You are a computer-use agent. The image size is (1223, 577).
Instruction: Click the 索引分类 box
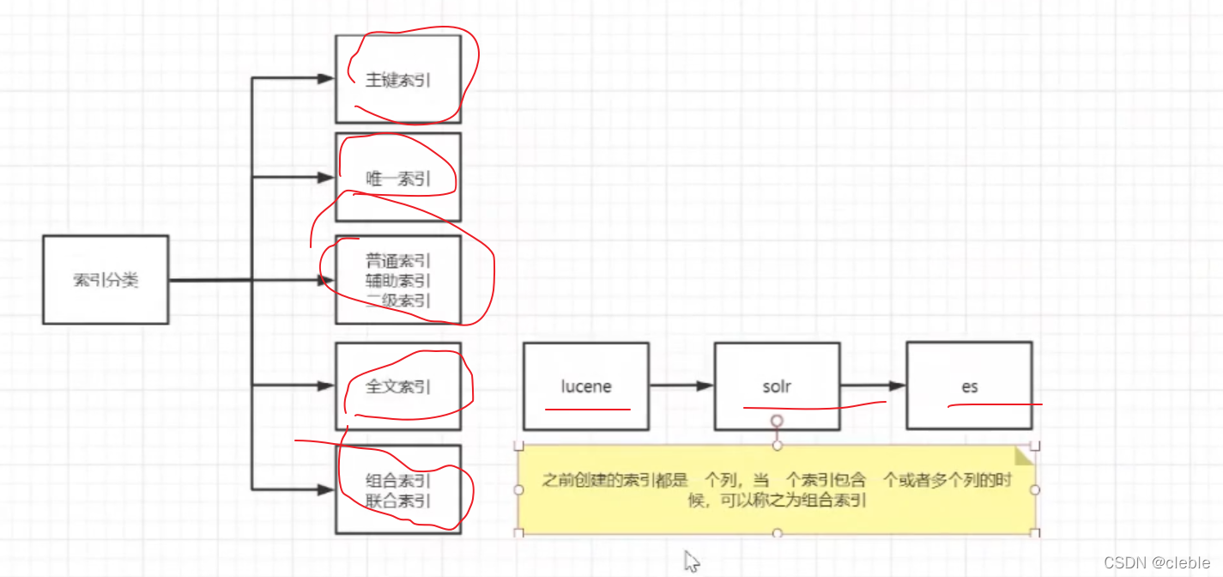click(x=106, y=280)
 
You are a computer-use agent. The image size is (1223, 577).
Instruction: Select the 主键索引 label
click(x=398, y=81)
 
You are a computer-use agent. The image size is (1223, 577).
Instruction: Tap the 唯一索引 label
click(x=398, y=179)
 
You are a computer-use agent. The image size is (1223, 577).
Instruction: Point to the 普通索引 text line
click(x=398, y=260)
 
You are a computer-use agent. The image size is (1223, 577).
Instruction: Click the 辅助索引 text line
click(x=398, y=280)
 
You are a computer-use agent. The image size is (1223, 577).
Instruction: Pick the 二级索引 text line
click(x=398, y=300)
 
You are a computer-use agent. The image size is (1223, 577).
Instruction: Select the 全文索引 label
click(x=398, y=387)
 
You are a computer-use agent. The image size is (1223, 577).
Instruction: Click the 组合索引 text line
click(x=398, y=481)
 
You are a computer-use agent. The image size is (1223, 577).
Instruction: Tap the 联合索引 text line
click(x=398, y=501)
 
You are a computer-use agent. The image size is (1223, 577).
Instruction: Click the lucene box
click(x=586, y=386)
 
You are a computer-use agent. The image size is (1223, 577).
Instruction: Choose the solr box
click(x=777, y=386)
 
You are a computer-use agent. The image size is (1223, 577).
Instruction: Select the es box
click(x=969, y=386)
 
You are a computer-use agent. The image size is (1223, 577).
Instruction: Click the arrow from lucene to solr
click(x=681, y=386)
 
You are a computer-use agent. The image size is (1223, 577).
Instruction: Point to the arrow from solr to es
click(x=873, y=386)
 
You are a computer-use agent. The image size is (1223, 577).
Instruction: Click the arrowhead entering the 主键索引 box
click(x=325, y=79)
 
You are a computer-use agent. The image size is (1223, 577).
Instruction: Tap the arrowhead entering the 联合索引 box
click(x=325, y=490)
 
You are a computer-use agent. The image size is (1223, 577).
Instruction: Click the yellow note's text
click(x=777, y=490)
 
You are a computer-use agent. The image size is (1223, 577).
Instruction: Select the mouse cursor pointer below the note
click(x=691, y=562)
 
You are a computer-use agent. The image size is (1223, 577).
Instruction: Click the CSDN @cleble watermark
click(x=1156, y=562)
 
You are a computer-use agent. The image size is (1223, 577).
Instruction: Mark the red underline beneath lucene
click(x=588, y=410)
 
